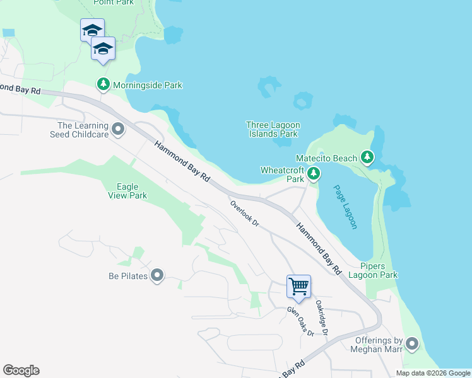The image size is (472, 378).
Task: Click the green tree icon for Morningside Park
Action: click(x=103, y=84)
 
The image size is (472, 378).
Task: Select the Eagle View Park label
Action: click(x=131, y=191)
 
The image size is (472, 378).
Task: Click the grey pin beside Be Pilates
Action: click(x=157, y=275)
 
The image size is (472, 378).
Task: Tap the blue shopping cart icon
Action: click(x=298, y=286)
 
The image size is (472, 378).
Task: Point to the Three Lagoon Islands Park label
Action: click(x=272, y=129)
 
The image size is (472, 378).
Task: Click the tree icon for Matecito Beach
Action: click(x=367, y=157)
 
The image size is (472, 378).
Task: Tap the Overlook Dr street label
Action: click(x=245, y=213)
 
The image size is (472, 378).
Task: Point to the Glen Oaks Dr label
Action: click(x=300, y=321)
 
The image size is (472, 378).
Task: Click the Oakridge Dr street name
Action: click(x=322, y=317)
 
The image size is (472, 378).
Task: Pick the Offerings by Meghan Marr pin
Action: click(x=412, y=344)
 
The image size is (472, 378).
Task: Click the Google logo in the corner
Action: click(x=21, y=370)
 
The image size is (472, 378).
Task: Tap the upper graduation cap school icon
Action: click(x=92, y=30)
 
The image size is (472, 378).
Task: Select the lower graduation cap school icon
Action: click(x=103, y=49)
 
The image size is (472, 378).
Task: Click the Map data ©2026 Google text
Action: click(x=433, y=373)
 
